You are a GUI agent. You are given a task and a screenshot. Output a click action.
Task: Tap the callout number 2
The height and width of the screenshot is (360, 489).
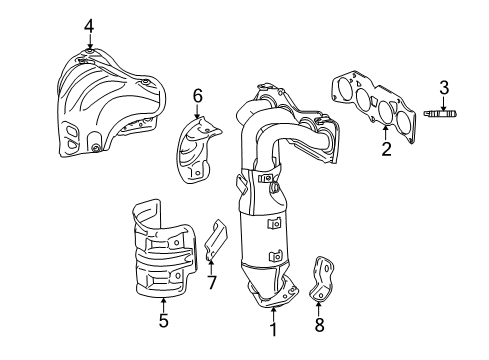pyautogui.click(x=384, y=151)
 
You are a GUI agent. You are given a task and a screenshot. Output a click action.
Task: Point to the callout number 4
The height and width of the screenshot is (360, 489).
pyautogui.click(x=89, y=25)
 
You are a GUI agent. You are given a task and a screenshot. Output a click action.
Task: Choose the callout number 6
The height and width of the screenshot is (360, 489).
pyautogui.click(x=197, y=95)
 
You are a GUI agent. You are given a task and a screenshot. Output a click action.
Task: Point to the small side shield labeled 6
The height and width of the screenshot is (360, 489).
pyautogui.click(x=202, y=151)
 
